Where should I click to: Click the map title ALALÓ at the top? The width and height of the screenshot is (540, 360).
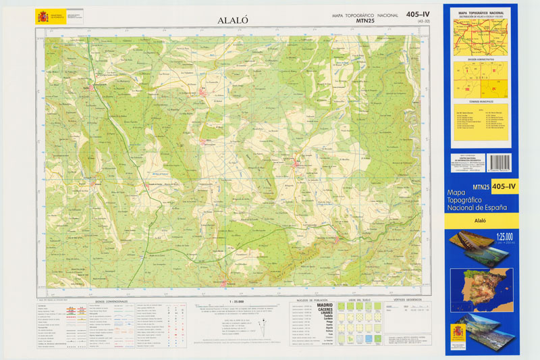(233, 20)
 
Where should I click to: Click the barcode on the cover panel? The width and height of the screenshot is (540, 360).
(499, 162)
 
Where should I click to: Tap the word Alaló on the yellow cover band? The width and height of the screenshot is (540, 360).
(481, 220)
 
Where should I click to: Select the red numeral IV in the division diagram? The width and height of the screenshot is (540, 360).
(493, 88)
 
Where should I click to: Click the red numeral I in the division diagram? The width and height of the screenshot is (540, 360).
(467, 70)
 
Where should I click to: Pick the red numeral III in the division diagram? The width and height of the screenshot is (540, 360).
(467, 88)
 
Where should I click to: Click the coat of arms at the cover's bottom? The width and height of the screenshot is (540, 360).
(458, 334)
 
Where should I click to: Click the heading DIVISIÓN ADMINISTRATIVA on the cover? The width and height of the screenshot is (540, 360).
(481, 59)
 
